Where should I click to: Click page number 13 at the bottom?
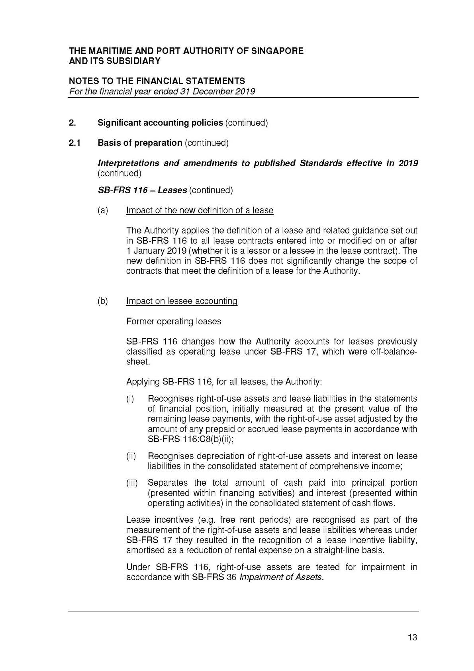pos(412,638)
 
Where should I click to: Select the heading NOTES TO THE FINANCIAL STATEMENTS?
pos(157,81)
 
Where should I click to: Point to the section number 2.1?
pos(74,143)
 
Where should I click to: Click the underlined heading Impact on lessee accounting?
pos(182,301)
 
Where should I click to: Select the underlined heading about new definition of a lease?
pos(200,210)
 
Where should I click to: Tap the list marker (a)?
pos(103,210)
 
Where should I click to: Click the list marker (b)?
pos(103,301)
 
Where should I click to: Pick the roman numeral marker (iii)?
pos(132,483)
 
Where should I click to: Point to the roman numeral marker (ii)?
pos(131,456)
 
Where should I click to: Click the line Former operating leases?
pos(173,321)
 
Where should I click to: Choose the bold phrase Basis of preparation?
pos(140,143)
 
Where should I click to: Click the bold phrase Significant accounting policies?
pos(160,123)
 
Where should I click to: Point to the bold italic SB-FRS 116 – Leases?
pos(142,190)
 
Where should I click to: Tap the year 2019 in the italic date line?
pos(245,92)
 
